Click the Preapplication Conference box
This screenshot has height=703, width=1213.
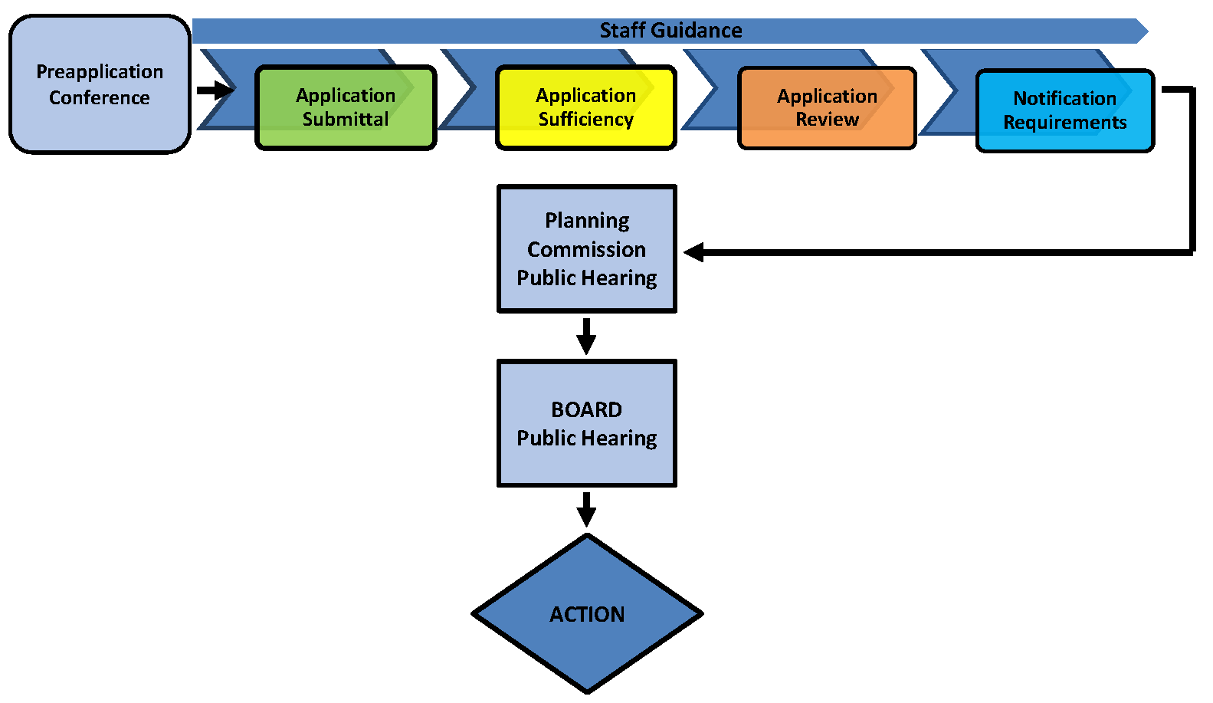(100, 84)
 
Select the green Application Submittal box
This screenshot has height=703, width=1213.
(346, 107)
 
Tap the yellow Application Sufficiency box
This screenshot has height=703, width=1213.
(586, 107)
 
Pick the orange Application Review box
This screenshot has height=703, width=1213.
(827, 108)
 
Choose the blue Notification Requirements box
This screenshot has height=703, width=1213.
(1065, 110)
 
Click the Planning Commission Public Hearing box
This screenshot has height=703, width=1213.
(587, 249)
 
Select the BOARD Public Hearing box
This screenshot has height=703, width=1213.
(587, 423)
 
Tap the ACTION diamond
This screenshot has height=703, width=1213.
(587, 614)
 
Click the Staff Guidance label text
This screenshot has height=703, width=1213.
(670, 31)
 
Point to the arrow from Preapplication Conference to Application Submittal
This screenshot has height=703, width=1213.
(215, 90)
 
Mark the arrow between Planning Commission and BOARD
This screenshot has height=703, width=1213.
(587, 336)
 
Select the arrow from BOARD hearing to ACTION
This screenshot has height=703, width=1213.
(587, 509)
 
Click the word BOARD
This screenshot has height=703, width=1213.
(587, 409)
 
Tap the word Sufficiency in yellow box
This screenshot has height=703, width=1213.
(586, 120)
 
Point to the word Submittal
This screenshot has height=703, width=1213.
(346, 120)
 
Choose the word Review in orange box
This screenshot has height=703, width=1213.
(827, 120)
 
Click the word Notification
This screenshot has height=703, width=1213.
(1065, 98)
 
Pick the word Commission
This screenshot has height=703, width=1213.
(587, 249)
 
